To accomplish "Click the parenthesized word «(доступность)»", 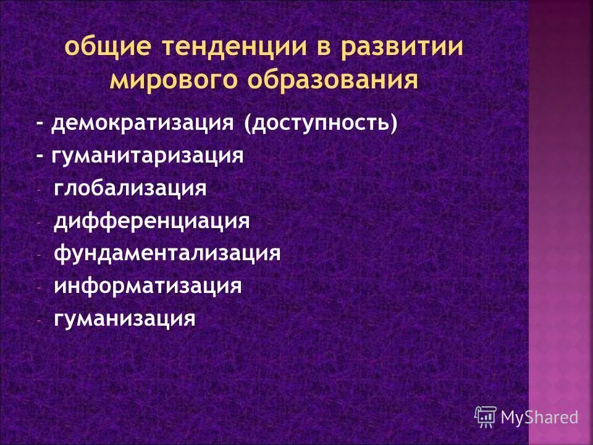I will point(320,123).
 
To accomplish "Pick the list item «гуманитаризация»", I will point(148,155).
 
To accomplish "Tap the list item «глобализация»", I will point(130,188).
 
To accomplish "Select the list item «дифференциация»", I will point(151,221).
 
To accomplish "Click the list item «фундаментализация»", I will point(167,253).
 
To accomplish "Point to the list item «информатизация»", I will point(147,286).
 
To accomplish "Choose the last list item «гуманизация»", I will point(124,319).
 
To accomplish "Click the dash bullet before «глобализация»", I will point(39,190).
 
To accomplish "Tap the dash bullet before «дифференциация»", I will point(39,222).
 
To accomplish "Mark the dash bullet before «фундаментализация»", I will point(39,255).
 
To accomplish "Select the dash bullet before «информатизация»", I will point(39,288).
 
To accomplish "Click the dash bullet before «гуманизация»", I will point(39,321).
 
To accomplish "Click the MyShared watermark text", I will point(539,417).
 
